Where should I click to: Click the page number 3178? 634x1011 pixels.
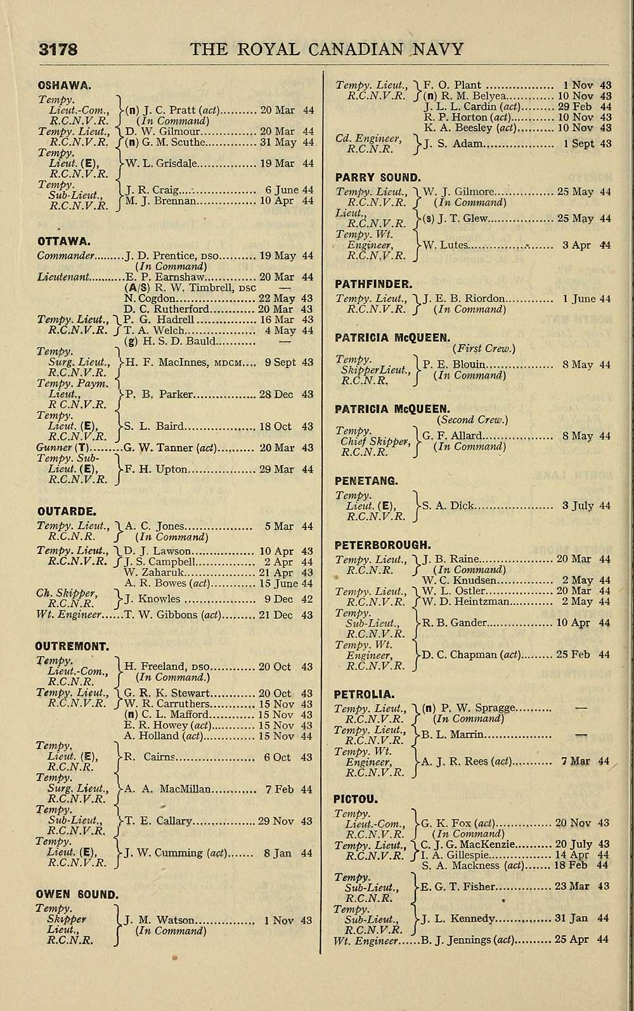pos(58,50)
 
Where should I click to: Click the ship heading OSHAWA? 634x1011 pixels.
pos(65,84)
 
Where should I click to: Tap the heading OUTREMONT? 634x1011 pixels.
pos(72,647)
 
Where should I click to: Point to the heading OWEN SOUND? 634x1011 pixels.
pos(77,894)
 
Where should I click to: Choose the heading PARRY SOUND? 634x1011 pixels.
pos(378,178)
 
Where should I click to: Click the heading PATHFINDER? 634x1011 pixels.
pos(373,284)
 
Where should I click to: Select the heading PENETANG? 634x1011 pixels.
pos(366,480)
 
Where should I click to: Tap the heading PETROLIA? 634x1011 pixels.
pos(364,694)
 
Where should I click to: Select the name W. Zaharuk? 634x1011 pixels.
pos(150,572)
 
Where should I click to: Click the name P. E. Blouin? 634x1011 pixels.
pos(454,364)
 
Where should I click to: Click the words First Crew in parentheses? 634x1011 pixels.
pos(484,348)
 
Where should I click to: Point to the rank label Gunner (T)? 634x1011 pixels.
pos(62,447)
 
